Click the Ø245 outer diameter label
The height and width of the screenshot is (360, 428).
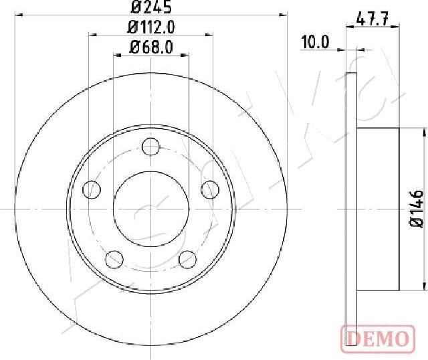pyautogui.click(x=151, y=7)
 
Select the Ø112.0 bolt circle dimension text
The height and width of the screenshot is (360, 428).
pyautogui.click(x=151, y=27)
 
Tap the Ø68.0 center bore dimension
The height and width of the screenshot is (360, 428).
pyautogui.click(x=151, y=47)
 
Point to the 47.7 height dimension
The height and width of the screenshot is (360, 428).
pyautogui.click(x=372, y=19)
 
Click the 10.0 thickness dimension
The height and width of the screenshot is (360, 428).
pyautogui.click(x=315, y=42)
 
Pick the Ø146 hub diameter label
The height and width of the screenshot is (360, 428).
pyautogui.click(x=417, y=209)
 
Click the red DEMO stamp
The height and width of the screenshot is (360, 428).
pyautogui.click(x=378, y=339)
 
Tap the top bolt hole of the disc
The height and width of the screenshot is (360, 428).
pyautogui.click(x=151, y=147)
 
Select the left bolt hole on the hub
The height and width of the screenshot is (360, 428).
pyautogui.click(x=92, y=189)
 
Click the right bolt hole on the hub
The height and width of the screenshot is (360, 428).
pyautogui.click(x=210, y=189)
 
